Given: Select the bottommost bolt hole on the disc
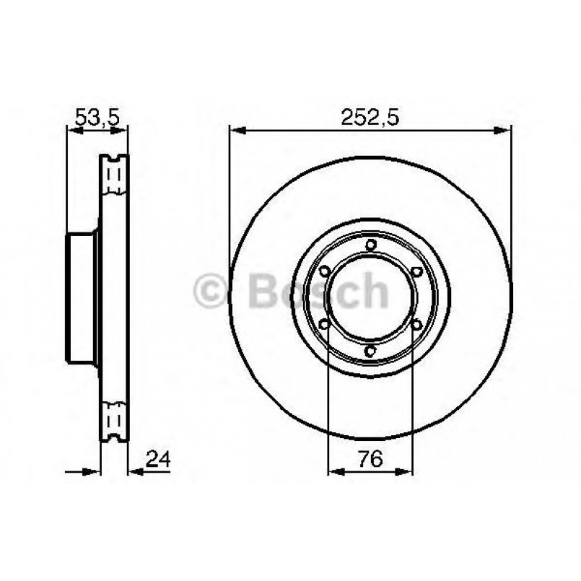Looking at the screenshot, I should (370, 351).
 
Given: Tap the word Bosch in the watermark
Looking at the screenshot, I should (318, 291).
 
